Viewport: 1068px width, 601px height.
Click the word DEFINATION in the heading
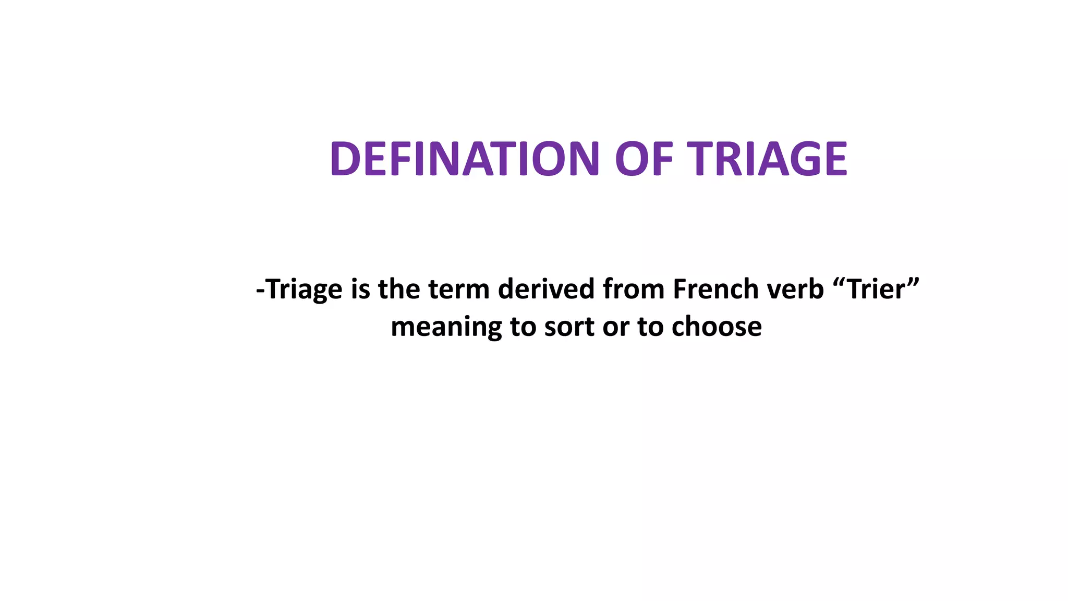pos(465,159)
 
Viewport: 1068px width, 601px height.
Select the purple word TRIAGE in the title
pos(767,159)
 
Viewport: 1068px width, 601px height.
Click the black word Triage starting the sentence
pos(305,290)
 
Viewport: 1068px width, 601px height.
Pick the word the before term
pos(399,289)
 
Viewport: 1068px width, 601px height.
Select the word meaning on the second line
pos(446,328)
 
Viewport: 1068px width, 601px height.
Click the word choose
pos(717,327)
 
